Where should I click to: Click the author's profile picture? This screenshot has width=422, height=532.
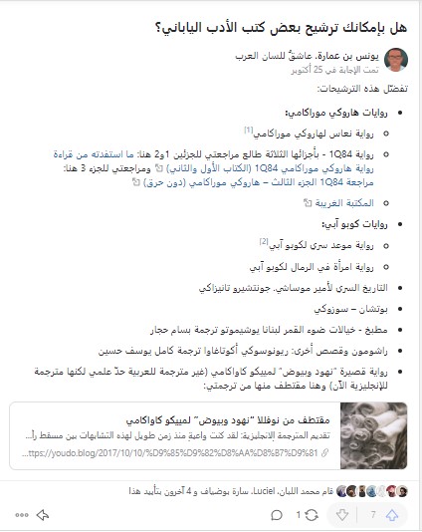[394, 60]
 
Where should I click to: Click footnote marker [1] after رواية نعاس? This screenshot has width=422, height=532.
[249, 130]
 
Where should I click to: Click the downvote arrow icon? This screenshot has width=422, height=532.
[341, 514]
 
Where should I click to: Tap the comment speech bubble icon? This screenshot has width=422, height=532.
[277, 514]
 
